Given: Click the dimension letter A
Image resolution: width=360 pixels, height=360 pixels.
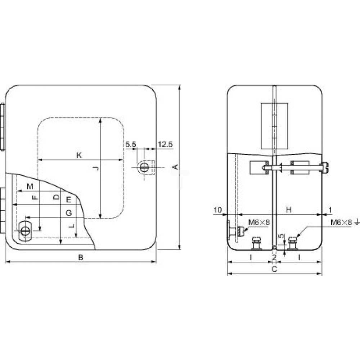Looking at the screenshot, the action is click(175, 167).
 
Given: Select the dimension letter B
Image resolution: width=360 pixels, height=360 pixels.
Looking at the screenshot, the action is click(81, 257).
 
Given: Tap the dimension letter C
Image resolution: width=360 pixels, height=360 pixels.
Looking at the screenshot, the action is click(274, 269).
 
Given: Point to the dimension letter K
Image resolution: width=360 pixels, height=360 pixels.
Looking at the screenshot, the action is click(79, 155).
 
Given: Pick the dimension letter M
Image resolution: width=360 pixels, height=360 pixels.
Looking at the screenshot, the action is click(30, 186).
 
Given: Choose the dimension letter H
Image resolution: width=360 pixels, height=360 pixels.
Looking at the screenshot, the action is click(289, 210).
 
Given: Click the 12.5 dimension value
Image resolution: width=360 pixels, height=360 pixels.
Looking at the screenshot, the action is click(165, 144).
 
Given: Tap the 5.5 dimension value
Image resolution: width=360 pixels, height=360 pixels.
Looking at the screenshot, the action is click(131, 144).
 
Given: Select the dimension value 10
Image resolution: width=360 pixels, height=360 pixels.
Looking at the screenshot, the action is click(218, 210).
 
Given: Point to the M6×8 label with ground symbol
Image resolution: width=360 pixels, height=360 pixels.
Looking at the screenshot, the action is click(345, 222).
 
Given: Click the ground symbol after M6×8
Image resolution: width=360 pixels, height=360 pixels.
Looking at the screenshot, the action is click(357, 222).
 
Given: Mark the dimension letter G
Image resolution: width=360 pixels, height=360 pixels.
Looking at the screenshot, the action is click(69, 213).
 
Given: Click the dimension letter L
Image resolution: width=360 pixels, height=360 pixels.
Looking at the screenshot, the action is click(72, 226).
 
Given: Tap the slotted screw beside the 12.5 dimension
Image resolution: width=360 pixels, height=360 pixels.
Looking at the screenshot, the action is click(144, 167).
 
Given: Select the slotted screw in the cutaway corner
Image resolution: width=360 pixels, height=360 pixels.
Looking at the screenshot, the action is click(25, 231).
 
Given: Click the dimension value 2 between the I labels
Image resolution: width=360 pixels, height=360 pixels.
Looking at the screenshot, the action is click(274, 257).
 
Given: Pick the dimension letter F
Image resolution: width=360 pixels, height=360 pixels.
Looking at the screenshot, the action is click(35, 197).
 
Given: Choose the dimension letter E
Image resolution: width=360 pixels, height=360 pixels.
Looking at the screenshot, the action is click(69, 200).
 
